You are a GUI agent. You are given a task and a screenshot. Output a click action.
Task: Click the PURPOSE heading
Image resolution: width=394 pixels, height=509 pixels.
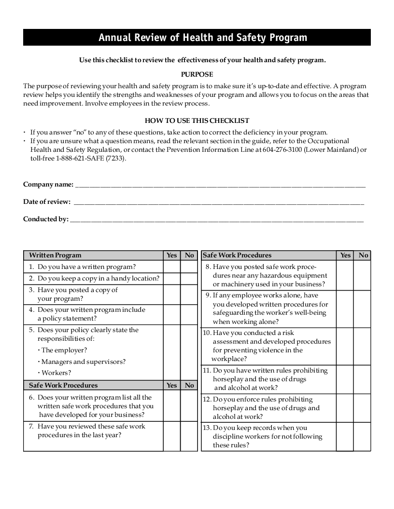click(197, 74)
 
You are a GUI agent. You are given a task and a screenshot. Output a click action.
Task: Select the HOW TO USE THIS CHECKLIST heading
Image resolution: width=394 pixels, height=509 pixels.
click(197, 121)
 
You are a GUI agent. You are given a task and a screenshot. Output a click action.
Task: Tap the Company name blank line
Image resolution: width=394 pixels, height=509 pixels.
click(220, 185)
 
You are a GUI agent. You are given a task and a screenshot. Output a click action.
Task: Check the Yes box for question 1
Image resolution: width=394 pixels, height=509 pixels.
click(171, 267)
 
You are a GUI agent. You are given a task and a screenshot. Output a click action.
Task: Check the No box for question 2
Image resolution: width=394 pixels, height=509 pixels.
click(189, 279)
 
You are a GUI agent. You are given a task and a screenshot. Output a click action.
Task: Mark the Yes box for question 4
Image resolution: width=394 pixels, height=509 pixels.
click(171, 314)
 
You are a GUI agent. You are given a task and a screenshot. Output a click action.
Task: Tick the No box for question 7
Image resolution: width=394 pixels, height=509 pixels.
click(189, 436)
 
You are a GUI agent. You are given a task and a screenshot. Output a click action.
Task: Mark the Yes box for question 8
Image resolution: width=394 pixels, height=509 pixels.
click(345, 275)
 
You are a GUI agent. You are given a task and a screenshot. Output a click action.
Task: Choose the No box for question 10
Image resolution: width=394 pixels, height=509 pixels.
click(362, 346)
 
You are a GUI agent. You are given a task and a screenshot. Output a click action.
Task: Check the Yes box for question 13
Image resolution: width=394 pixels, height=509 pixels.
click(345, 437)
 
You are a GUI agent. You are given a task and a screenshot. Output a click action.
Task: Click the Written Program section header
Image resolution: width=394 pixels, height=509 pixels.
click(55, 255)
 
